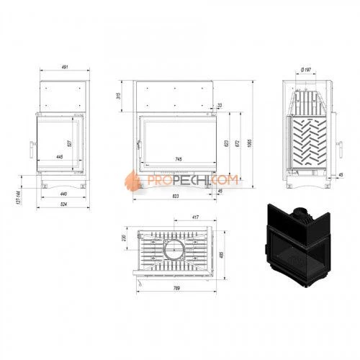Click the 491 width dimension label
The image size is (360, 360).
click(x=64, y=67)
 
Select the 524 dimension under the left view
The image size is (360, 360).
click(x=63, y=204)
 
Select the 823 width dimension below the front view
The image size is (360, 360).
click(x=175, y=196)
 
